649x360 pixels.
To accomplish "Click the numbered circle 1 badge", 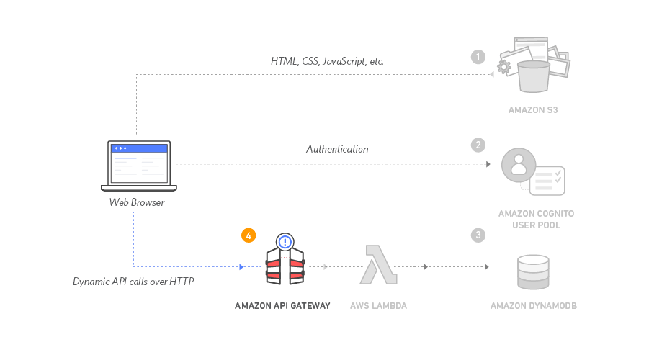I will (x=478, y=57).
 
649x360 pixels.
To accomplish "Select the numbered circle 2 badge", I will (x=478, y=145).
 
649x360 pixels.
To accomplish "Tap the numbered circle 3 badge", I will (x=478, y=235).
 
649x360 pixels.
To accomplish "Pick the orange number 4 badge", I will (x=248, y=235).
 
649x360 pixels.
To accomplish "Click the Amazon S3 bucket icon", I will (x=534, y=75).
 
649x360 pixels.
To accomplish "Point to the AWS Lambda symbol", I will (x=378, y=264).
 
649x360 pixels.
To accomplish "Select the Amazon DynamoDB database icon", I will (x=533, y=272).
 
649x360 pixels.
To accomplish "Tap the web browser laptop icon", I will (x=139, y=166).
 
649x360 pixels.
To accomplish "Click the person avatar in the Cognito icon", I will (x=518, y=166).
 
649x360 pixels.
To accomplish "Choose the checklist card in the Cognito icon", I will (x=547, y=181).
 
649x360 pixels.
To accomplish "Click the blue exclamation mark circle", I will (x=285, y=242).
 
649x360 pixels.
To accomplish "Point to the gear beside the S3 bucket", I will (x=504, y=67).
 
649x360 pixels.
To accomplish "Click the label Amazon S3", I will (x=533, y=110).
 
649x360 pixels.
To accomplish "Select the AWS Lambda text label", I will (x=378, y=306).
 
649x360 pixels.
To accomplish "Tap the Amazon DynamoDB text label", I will (x=533, y=306).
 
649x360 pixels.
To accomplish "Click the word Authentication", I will (x=337, y=149).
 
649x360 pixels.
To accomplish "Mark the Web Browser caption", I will (x=137, y=202).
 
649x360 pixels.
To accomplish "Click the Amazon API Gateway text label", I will (x=282, y=306).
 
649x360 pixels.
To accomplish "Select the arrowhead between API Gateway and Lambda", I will (x=326, y=267).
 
